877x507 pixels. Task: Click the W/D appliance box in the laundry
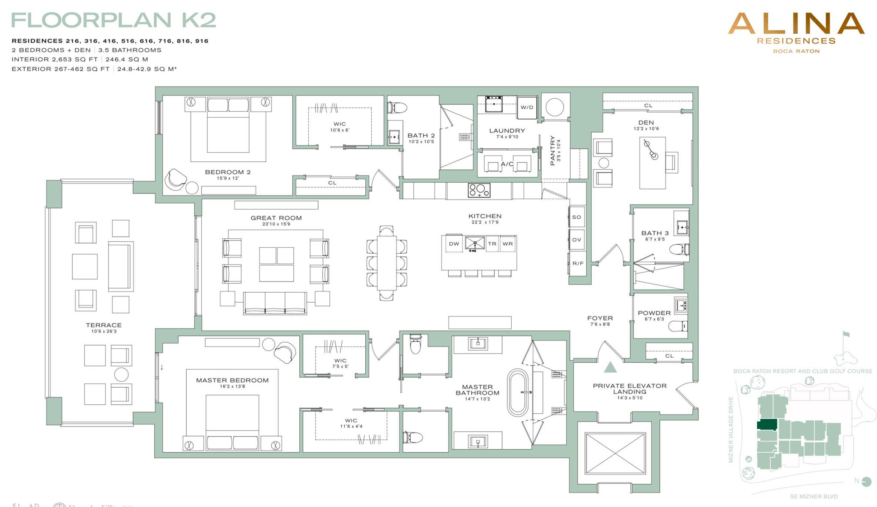[527, 107]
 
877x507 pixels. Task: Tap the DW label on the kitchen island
[454, 244]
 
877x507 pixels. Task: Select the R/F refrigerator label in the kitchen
[578, 263]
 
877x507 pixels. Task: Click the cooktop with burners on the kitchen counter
[479, 190]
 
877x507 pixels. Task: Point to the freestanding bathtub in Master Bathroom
[518, 392]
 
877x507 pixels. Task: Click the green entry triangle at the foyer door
[610, 367]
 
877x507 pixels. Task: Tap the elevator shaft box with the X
[615, 454]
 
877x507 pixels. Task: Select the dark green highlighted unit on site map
[767, 425]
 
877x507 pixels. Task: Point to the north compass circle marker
[867, 482]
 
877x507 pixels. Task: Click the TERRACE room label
[104, 325]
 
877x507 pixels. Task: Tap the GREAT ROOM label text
[276, 218]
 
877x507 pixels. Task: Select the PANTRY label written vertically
[552, 151]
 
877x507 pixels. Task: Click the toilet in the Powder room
[677, 326]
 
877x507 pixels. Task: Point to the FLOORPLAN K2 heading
[113, 20]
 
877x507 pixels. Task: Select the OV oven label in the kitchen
[576, 240]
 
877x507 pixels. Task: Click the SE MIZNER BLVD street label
[814, 497]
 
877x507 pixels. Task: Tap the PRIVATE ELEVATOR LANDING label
[629, 388]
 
